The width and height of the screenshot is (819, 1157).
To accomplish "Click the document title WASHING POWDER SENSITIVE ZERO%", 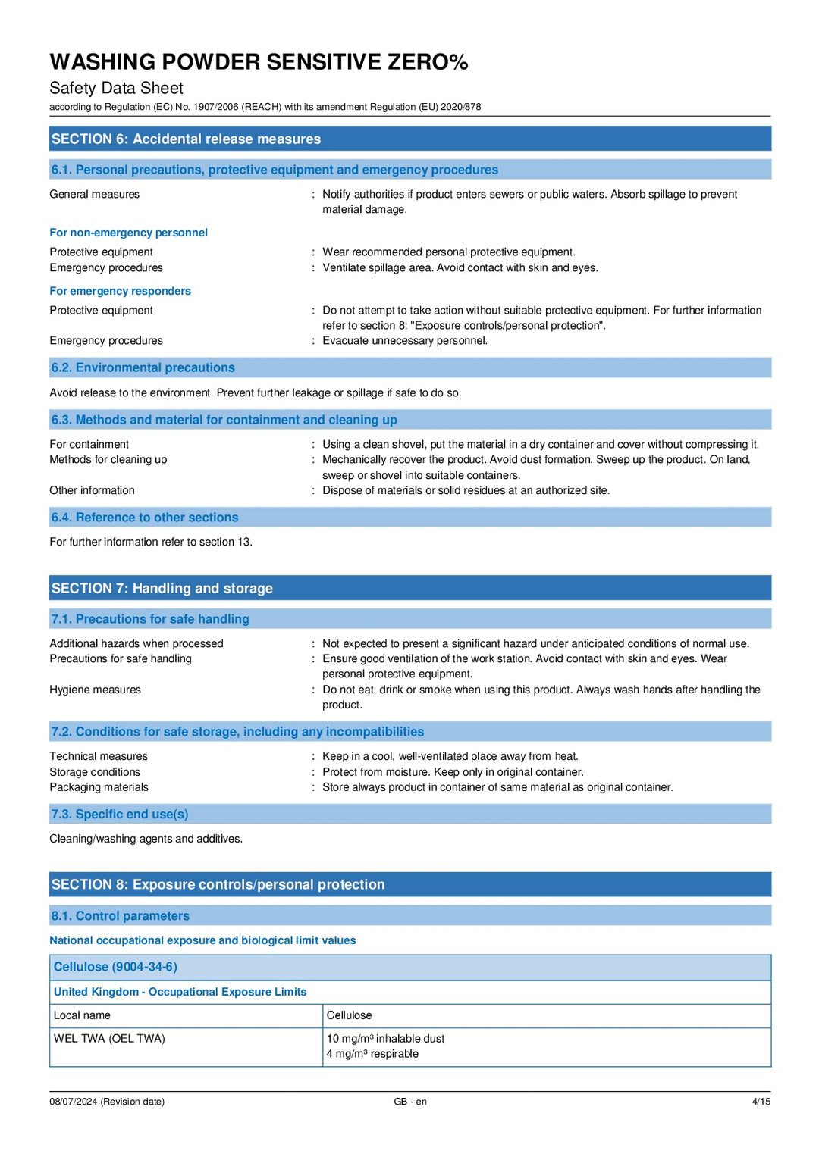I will (259, 62).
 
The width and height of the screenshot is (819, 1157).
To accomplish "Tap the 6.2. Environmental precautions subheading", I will (143, 367).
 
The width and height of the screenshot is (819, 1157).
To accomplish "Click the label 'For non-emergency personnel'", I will (128, 233).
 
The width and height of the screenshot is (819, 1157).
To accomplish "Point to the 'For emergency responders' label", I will (120, 291).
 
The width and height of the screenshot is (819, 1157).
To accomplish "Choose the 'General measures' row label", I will (95, 194).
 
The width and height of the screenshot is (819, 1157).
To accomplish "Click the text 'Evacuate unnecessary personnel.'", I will (405, 341).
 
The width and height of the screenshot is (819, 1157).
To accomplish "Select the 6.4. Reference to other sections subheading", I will (145, 518).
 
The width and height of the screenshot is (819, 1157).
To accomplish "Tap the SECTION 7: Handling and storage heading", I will (162, 588).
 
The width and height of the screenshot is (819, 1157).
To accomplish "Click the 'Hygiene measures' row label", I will (95, 690).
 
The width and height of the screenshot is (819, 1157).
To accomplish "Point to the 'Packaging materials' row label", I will (99, 787).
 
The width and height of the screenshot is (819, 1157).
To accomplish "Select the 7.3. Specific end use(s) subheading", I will (120, 814).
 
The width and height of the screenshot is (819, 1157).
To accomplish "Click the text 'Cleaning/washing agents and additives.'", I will (146, 839).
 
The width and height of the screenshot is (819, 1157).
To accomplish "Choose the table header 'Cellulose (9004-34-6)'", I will (115, 967).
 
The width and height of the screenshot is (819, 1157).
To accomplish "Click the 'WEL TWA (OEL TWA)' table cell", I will (109, 1039).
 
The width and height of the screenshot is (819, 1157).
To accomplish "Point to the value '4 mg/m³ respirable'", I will (372, 1054).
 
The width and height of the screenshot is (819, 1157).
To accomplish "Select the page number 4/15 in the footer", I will (761, 1102).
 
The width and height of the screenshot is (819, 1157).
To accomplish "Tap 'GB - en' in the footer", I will (410, 1102).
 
